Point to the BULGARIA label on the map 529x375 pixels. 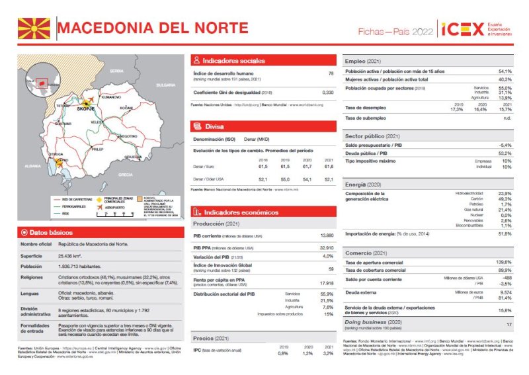point(165,85)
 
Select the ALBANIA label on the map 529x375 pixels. point(32,166)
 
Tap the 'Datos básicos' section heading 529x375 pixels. point(50,232)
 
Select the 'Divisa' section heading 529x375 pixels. point(214,126)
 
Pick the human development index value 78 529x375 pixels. point(331,74)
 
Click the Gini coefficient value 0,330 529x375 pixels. point(327,92)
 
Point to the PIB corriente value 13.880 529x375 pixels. point(327,235)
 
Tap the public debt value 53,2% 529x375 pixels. point(505,153)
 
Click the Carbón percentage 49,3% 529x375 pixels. point(505,198)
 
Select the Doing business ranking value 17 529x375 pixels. point(509,325)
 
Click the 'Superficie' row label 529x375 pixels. point(31,255)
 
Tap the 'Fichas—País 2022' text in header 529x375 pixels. point(395,31)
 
